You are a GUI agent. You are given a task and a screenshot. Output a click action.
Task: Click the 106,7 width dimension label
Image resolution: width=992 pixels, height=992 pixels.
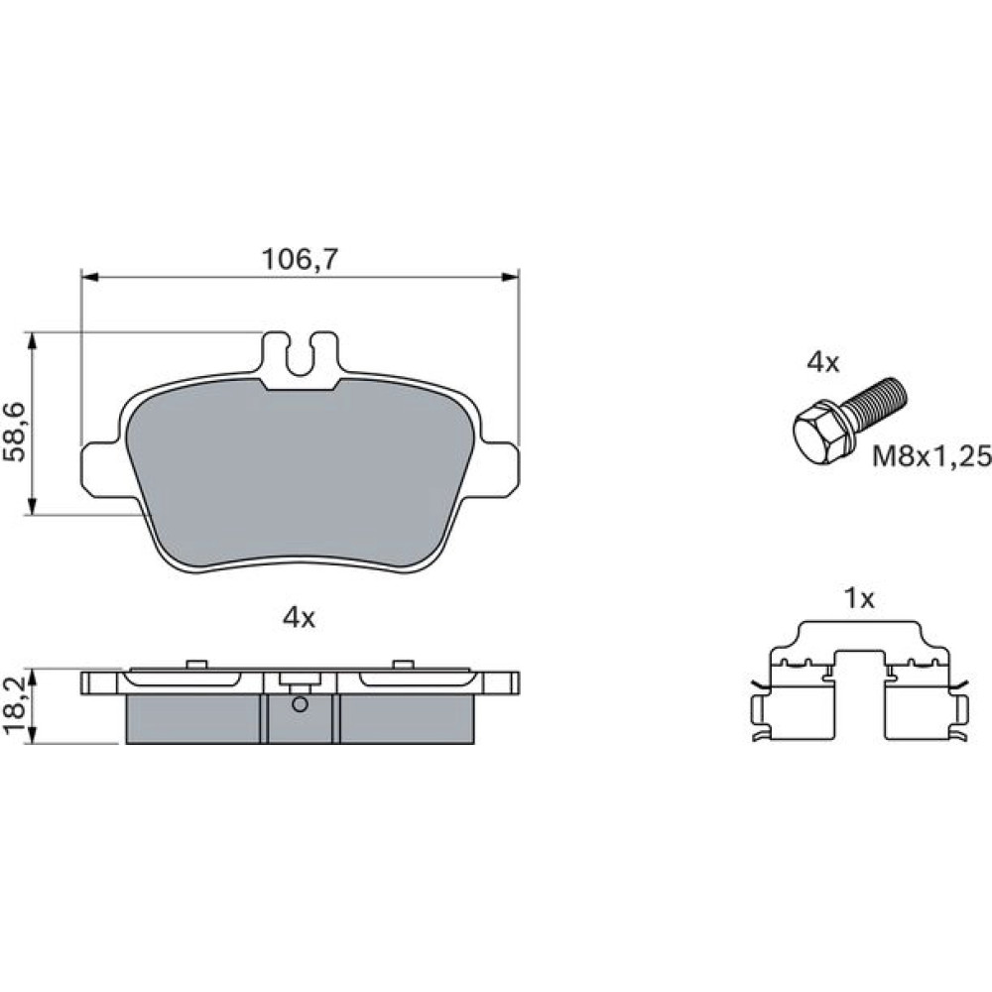click(x=301, y=259)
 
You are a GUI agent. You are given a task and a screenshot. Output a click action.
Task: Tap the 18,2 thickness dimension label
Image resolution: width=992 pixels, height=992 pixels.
click(x=15, y=707)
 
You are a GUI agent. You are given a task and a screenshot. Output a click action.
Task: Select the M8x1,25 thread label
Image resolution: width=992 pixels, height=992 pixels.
click(x=931, y=455)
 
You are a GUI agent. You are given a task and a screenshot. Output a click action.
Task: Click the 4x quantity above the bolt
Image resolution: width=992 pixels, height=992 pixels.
click(x=822, y=363)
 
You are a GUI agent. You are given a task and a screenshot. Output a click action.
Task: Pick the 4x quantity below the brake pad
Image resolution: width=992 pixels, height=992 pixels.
click(x=299, y=618)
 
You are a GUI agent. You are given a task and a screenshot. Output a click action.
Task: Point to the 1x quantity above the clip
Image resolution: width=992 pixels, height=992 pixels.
click(x=859, y=598)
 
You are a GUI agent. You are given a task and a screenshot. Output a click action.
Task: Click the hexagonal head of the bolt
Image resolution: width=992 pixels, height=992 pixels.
click(x=819, y=433)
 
